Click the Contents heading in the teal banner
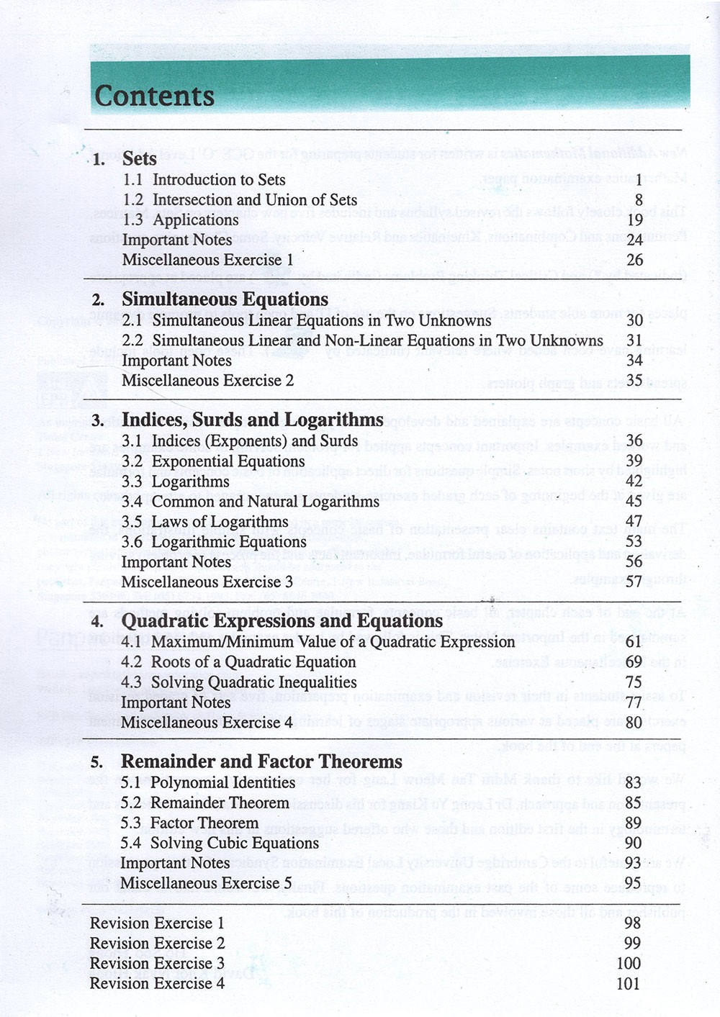(154, 96)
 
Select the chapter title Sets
(139, 158)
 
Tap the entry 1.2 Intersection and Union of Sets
(240, 200)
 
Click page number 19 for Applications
(634, 220)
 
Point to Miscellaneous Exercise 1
(207, 260)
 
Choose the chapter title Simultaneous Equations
(225, 299)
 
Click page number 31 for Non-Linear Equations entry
(634, 340)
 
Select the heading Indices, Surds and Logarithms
(252, 420)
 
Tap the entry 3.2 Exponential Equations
(213, 461)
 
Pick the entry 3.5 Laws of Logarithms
(204, 522)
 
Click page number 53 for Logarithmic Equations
(634, 542)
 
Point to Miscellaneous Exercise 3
(207, 582)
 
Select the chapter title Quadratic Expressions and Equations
(282, 620)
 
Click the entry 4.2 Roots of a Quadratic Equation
(238, 662)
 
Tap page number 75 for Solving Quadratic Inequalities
(634, 682)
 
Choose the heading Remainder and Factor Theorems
(261, 761)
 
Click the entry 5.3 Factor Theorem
(189, 823)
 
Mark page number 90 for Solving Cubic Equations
(633, 844)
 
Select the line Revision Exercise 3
(157, 963)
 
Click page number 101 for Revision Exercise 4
(629, 983)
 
